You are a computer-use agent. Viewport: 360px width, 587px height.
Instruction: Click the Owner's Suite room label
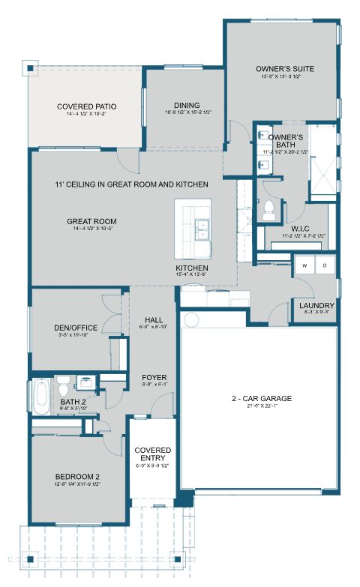(284, 69)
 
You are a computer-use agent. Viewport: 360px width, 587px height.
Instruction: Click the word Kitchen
(192, 268)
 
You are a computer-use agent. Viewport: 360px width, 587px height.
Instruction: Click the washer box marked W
(305, 265)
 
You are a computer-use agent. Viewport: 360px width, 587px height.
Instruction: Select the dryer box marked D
(325, 265)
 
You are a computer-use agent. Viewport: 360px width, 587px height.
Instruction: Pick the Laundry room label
(316, 306)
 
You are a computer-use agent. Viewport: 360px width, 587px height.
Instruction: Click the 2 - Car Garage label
(261, 398)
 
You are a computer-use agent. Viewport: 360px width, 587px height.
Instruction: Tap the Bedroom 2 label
(77, 477)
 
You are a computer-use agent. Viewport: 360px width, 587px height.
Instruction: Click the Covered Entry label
(152, 454)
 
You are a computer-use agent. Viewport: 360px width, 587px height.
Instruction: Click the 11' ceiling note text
(131, 184)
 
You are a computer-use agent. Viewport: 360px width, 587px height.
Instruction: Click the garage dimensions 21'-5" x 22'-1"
(261, 406)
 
